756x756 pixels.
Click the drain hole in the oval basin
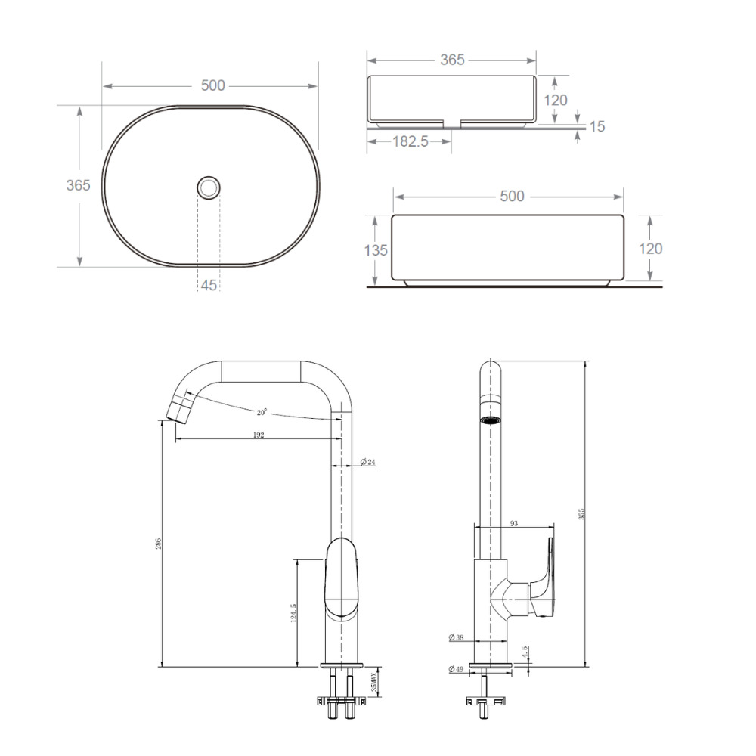point(209,187)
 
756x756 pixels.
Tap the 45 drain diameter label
point(209,286)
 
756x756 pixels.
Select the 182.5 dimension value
point(410,141)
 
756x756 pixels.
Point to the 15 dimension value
point(597,126)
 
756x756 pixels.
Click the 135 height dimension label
point(376,250)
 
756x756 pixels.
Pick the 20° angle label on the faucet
point(262,412)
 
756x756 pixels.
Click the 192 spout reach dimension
point(259,435)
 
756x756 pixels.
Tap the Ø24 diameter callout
point(368,462)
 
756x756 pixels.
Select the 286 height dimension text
point(158,544)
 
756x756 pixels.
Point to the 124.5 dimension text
point(293,613)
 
